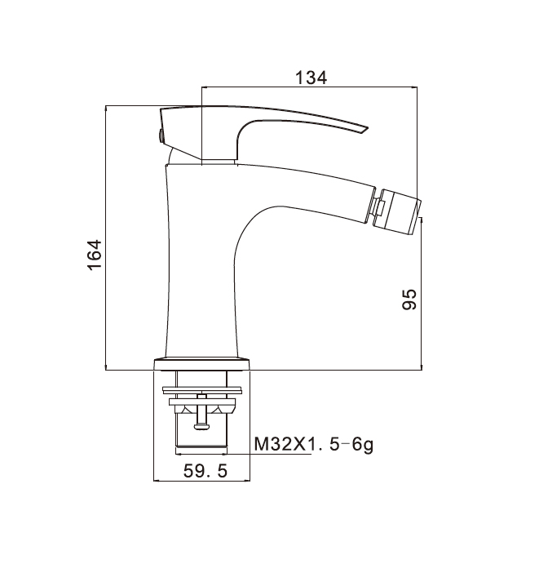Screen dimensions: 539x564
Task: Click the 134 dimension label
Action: [x=311, y=78]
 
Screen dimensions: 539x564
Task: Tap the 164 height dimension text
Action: [x=95, y=255]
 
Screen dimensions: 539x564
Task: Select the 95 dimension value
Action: [x=409, y=300]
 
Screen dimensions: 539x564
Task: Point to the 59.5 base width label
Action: [x=205, y=471]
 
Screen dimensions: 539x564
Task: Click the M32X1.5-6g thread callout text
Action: [x=313, y=445]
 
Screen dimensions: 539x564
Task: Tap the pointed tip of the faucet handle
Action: [x=367, y=127]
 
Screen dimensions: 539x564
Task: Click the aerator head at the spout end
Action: [x=396, y=210]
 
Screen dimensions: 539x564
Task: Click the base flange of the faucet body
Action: [x=201, y=364]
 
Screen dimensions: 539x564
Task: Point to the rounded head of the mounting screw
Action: [x=201, y=427]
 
